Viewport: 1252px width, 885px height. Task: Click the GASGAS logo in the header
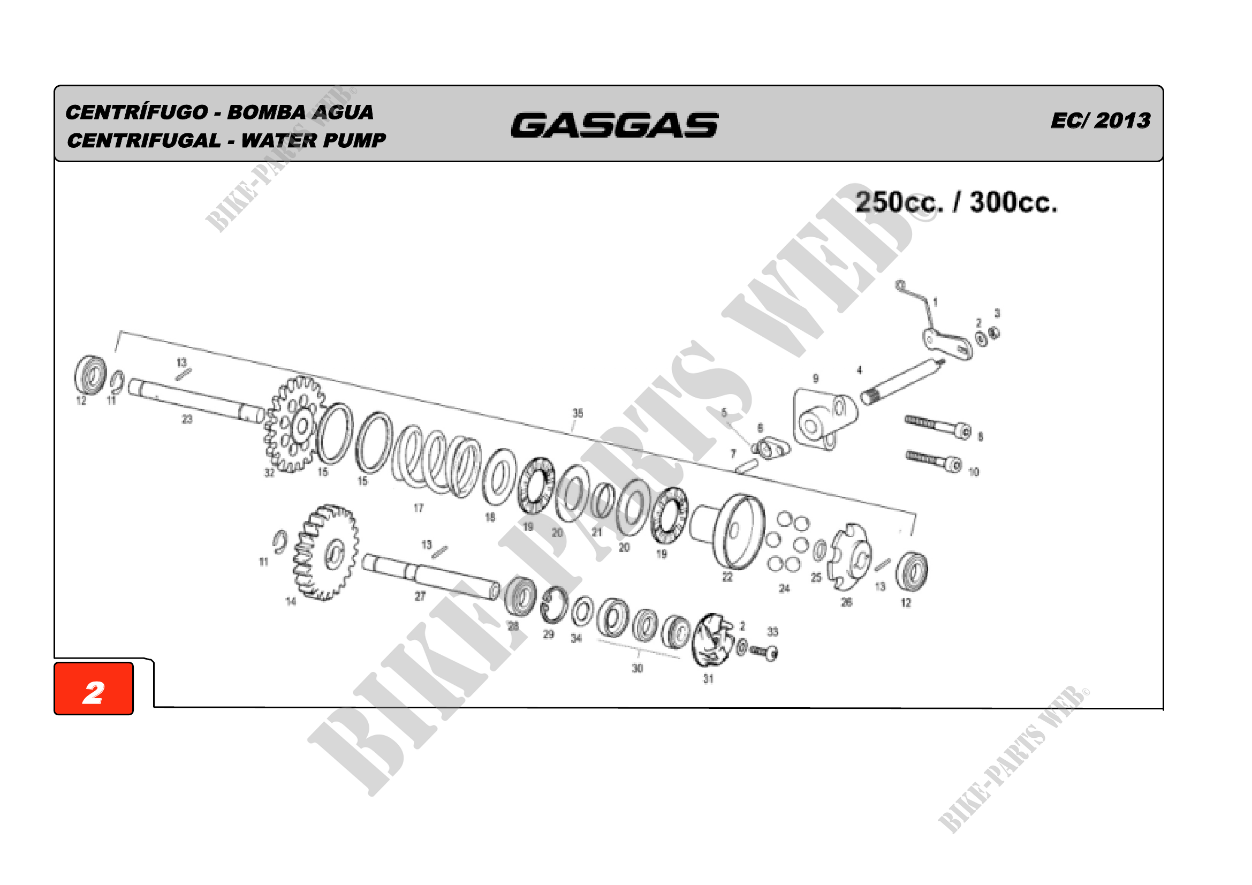pyautogui.click(x=614, y=125)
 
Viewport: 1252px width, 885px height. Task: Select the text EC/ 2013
pyautogui.click(x=1100, y=120)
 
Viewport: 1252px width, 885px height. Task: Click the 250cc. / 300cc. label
pyautogui.click(x=956, y=202)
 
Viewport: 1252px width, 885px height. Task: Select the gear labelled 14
pyautogui.click(x=325, y=553)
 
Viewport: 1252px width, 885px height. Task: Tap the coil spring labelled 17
pyautogui.click(x=436, y=461)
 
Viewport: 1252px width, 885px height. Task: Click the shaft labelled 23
pyautogui.click(x=196, y=402)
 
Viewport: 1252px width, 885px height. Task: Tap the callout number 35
pyautogui.click(x=578, y=413)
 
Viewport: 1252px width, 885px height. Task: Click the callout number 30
pyautogui.click(x=637, y=669)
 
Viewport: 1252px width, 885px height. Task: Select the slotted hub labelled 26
pyautogui.click(x=851, y=556)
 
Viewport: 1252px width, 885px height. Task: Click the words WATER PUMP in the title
pyautogui.click(x=313, y=141)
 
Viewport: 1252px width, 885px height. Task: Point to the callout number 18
pyautogui.click(x=490, y=517)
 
